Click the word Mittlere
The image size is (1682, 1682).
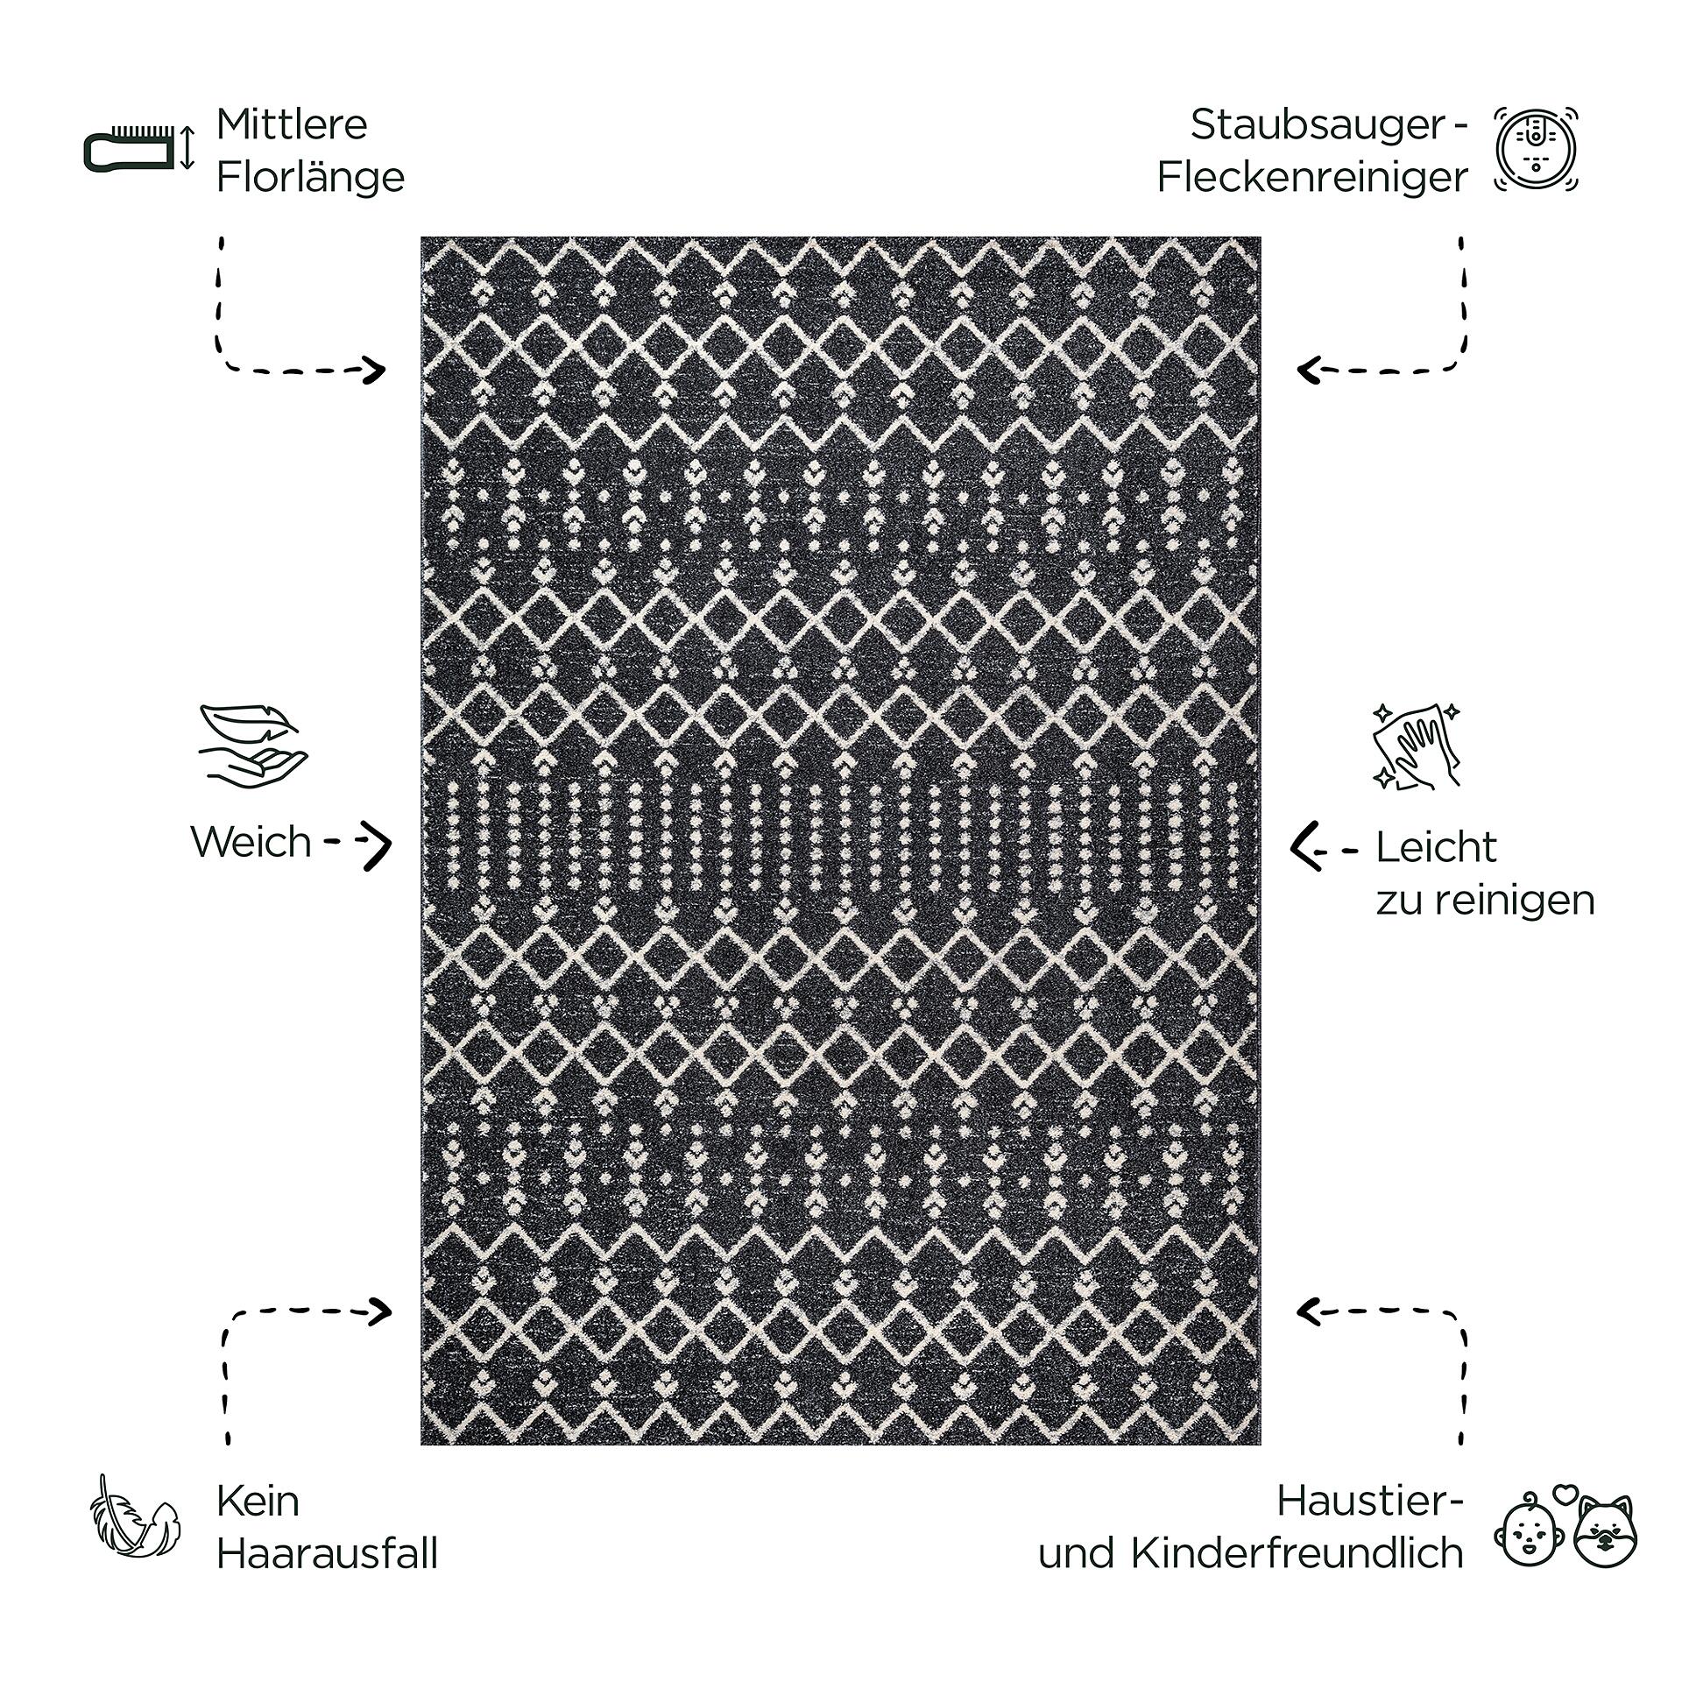click(x=292, y=124)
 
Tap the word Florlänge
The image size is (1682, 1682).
click(x=310, y=178)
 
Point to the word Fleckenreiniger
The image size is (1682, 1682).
click(x=1311, y=178)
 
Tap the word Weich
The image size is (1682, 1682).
click(x=251, y=842)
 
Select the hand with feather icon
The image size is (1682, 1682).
click(x=252, y=742)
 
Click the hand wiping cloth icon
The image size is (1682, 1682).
click(x=1417, y=746)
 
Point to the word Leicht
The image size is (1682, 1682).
click(x=1436, y=848)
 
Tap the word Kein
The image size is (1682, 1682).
click(x=258, y=1502)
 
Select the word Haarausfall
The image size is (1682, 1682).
click(x=327, y=1554)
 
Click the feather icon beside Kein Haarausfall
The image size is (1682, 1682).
click(x=135, y=1526)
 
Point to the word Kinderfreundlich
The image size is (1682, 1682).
click(x=1297, y=1554)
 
